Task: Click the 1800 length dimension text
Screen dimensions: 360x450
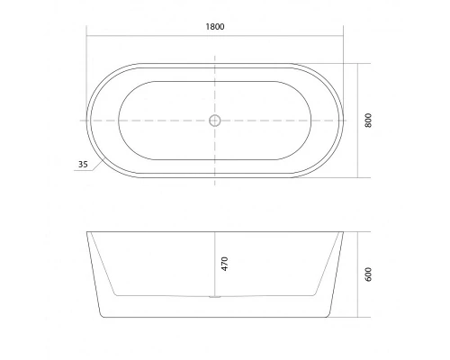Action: [214, 26]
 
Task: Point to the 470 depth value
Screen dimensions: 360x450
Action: [225, 264]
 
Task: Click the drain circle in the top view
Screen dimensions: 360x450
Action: [214, 120]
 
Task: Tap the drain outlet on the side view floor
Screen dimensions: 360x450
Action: [214, 295]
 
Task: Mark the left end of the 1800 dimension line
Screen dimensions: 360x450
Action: [87, 36]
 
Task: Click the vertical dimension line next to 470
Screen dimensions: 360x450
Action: [214, 263]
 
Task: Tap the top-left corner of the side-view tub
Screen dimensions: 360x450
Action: [88, 233]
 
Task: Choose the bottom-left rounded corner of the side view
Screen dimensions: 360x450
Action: [101, 315]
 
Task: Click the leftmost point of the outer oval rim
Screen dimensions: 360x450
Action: [87, 120]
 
